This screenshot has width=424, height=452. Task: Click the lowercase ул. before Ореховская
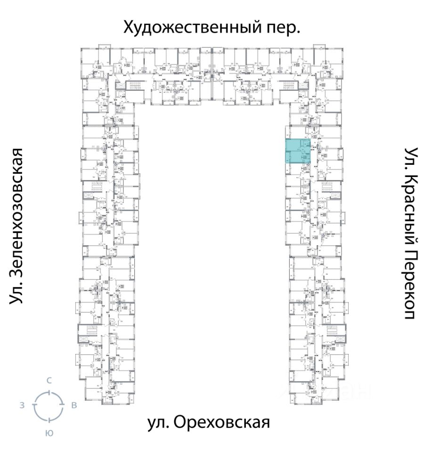pos(158,423)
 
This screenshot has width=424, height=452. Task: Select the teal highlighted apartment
pos(299,152)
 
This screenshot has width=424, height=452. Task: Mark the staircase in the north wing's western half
pos(134,86)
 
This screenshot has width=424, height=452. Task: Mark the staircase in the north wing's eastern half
pos(288,86)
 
